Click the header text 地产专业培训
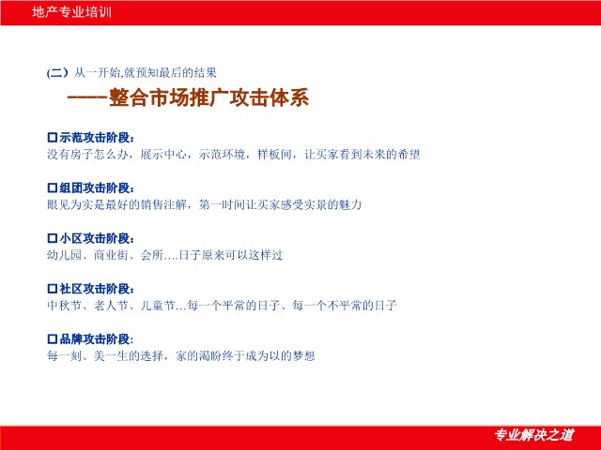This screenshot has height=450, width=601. point(71,12)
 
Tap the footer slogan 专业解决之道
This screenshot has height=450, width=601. point(534,435)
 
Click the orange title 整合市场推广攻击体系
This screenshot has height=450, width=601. point(208,97)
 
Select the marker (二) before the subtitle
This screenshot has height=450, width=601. point(57,73)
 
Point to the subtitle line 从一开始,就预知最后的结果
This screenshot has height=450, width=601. point(146,73)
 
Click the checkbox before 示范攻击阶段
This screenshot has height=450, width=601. point(53,138)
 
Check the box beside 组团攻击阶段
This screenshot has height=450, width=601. point(53,187)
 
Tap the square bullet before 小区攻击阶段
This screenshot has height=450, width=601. point(53,238)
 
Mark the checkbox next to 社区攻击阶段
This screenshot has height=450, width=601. point(53,289)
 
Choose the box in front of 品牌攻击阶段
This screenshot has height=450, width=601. point(53,339)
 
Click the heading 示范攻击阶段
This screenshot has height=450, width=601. point(97,138)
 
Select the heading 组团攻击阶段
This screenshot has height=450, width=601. point(97,187)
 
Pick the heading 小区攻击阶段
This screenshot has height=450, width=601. point(97,238)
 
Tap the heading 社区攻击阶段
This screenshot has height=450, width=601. point(97,289)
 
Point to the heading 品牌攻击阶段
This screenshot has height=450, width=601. point(97,339)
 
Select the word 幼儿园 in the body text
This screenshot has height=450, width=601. point(64,255)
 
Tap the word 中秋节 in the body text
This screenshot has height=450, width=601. point(64,306)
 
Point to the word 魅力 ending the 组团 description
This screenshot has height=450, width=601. point(350,204)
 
